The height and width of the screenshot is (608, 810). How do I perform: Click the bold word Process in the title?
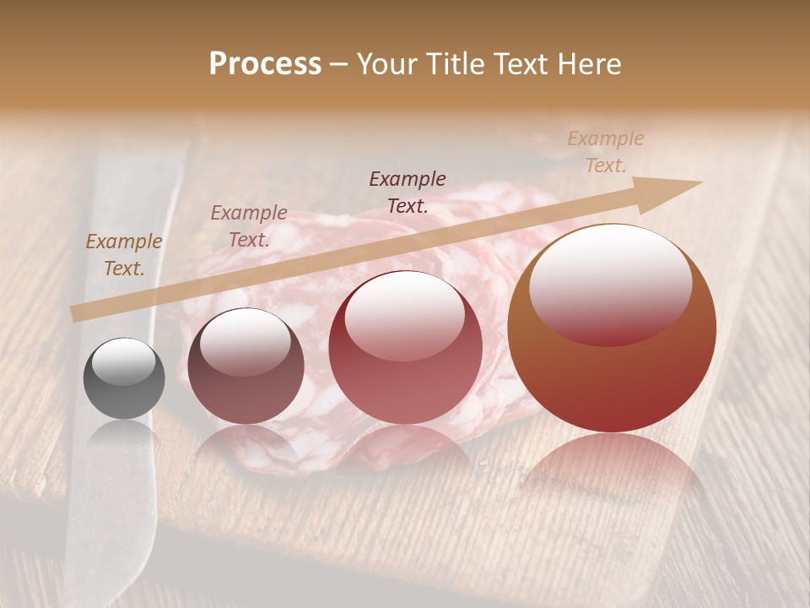tap(265, 63)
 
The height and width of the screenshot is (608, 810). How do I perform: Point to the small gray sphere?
tap(124, 378)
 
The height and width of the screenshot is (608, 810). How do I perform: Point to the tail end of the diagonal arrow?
tap(74, 315)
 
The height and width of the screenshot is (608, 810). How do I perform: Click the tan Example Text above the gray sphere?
tap(123, 255)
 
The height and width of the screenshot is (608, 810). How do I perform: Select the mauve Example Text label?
tap(249, 226)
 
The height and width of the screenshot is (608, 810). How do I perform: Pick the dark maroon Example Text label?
tap(408, 192)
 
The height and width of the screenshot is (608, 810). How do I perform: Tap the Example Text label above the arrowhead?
tap(606, 151)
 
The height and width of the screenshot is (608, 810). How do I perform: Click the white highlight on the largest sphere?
tap(610, 283)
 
